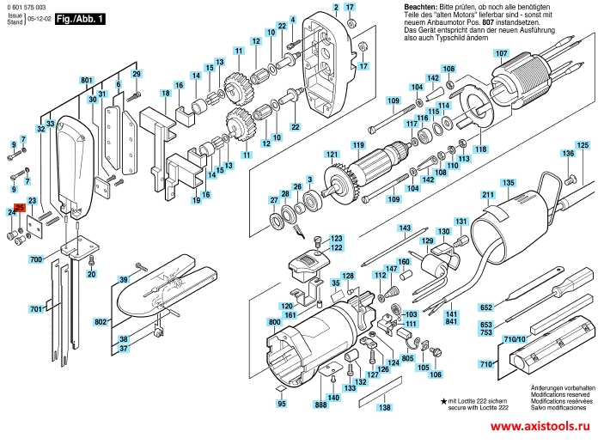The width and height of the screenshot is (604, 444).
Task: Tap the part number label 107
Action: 501,53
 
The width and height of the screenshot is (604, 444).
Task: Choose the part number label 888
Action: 320,404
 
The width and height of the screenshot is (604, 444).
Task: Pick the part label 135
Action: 508,183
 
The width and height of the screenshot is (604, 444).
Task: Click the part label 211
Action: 488,197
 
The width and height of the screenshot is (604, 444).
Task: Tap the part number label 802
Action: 101,321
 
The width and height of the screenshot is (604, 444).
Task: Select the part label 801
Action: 87,80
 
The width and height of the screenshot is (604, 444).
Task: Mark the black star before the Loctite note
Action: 443,402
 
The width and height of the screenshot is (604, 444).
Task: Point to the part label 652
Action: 486,307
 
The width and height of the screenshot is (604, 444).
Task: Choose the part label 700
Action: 36,258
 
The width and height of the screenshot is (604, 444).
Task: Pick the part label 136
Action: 568,154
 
